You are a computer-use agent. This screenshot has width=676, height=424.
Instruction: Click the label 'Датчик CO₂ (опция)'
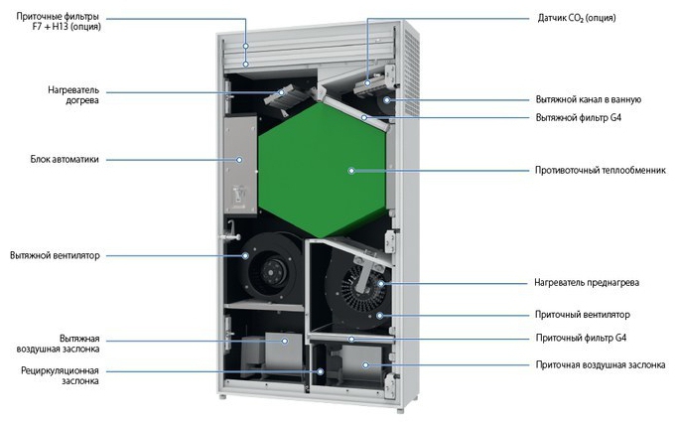(x=577, y=18)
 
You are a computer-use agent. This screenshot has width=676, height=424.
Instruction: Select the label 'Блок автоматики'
(x=65, y=160)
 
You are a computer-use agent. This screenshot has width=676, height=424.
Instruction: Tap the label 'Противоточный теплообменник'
(x=601, y=171)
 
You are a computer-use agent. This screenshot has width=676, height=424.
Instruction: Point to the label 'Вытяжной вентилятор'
(x=55, y=256)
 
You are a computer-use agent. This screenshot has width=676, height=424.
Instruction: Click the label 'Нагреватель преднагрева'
(x=587, y=283)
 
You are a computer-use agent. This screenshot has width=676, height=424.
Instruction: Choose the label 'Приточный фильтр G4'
(x=581, y=339)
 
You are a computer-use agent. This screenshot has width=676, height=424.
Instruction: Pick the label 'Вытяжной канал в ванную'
(x=589, y=99)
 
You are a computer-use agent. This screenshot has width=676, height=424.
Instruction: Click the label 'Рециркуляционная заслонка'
(x=60, y=376)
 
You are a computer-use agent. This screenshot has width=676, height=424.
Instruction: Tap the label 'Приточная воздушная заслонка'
(x=601, y=365)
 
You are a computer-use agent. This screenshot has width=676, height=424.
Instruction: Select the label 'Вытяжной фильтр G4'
(x=579, y=118)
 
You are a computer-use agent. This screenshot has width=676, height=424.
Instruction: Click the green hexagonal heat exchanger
(x=322, y=171)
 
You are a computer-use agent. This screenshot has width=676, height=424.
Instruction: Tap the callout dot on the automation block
(x=239, y=160)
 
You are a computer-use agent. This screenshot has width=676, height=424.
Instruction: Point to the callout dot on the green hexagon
(x=351, y=171)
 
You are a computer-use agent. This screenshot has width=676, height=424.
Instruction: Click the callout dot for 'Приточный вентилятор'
(x=379, y=316)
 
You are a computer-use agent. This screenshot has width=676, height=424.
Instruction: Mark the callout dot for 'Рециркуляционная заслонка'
(x=321, y=371)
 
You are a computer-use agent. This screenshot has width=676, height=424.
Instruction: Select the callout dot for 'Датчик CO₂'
(x=367, y=82)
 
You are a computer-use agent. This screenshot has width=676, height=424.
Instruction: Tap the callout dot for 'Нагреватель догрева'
(x=282, y=92)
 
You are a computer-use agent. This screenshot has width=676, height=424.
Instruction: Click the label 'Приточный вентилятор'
(x=583, y=315)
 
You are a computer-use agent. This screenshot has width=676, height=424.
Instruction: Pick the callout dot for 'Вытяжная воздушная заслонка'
(x=285, y=341)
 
